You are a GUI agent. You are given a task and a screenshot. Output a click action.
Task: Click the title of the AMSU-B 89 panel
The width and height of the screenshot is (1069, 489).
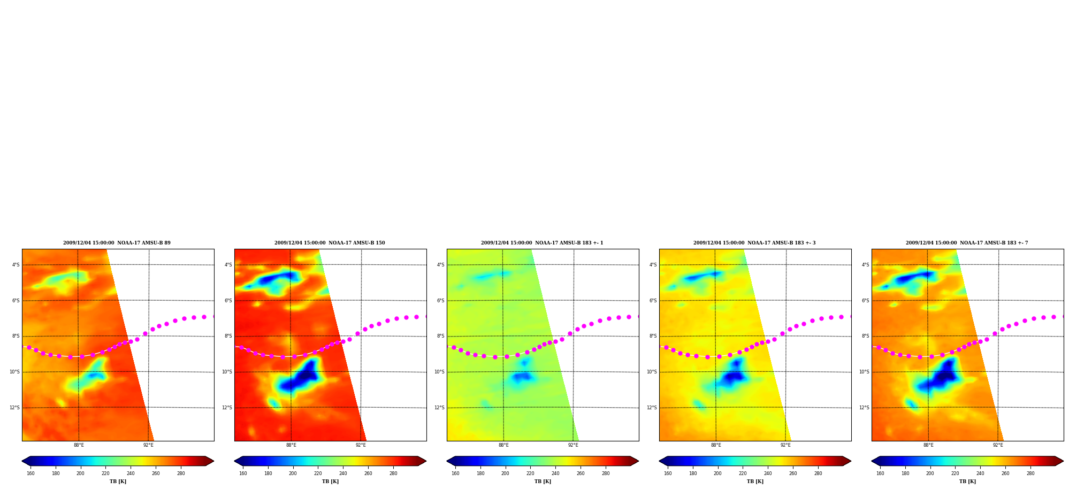(117, 243)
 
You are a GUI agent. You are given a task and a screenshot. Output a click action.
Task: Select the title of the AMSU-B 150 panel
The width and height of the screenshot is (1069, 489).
(330, 243)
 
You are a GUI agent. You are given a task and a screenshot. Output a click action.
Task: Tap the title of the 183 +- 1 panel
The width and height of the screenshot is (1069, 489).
(542, 243)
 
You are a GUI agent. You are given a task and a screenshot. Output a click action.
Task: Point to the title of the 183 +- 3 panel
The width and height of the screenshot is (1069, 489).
(754, 243)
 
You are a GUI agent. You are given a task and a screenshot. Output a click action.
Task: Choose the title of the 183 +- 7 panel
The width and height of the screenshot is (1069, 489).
(967, 243)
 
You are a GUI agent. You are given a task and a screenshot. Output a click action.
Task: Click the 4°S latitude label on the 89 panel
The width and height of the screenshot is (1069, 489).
(16, 265)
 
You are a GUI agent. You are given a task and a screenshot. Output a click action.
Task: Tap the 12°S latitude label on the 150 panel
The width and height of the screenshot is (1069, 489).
(227, 408)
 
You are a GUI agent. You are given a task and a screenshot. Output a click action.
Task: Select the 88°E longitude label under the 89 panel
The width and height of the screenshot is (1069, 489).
(79, 445)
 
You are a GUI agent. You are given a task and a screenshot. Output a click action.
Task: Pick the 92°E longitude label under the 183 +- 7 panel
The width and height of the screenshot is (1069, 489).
(998, 445)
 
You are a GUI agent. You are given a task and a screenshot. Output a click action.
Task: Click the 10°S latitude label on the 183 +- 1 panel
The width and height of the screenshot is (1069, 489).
(439, 372)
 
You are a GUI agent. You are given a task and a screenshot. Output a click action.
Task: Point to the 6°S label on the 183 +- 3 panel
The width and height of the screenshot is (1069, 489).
(653, 301)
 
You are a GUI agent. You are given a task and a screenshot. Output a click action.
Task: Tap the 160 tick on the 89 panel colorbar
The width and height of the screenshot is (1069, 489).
(30, 473)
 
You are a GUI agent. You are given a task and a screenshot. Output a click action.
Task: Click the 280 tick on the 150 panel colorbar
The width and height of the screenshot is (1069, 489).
(393, 473)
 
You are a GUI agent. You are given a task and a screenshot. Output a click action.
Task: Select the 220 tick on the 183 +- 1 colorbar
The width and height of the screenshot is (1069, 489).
(530, 473)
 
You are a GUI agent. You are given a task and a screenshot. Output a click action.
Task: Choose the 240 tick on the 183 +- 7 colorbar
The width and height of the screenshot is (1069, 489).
(980, 473)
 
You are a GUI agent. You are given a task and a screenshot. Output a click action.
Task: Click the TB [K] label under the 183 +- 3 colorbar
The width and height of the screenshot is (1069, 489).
(755, 482)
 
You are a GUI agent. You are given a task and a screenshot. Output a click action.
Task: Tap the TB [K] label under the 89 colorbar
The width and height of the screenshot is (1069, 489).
(118, 482)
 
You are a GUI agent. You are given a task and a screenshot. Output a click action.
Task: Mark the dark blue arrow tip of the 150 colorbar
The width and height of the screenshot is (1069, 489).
(235, 461)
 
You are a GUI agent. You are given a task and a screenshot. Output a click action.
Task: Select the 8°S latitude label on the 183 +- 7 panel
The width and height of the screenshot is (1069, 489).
(866, 336)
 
